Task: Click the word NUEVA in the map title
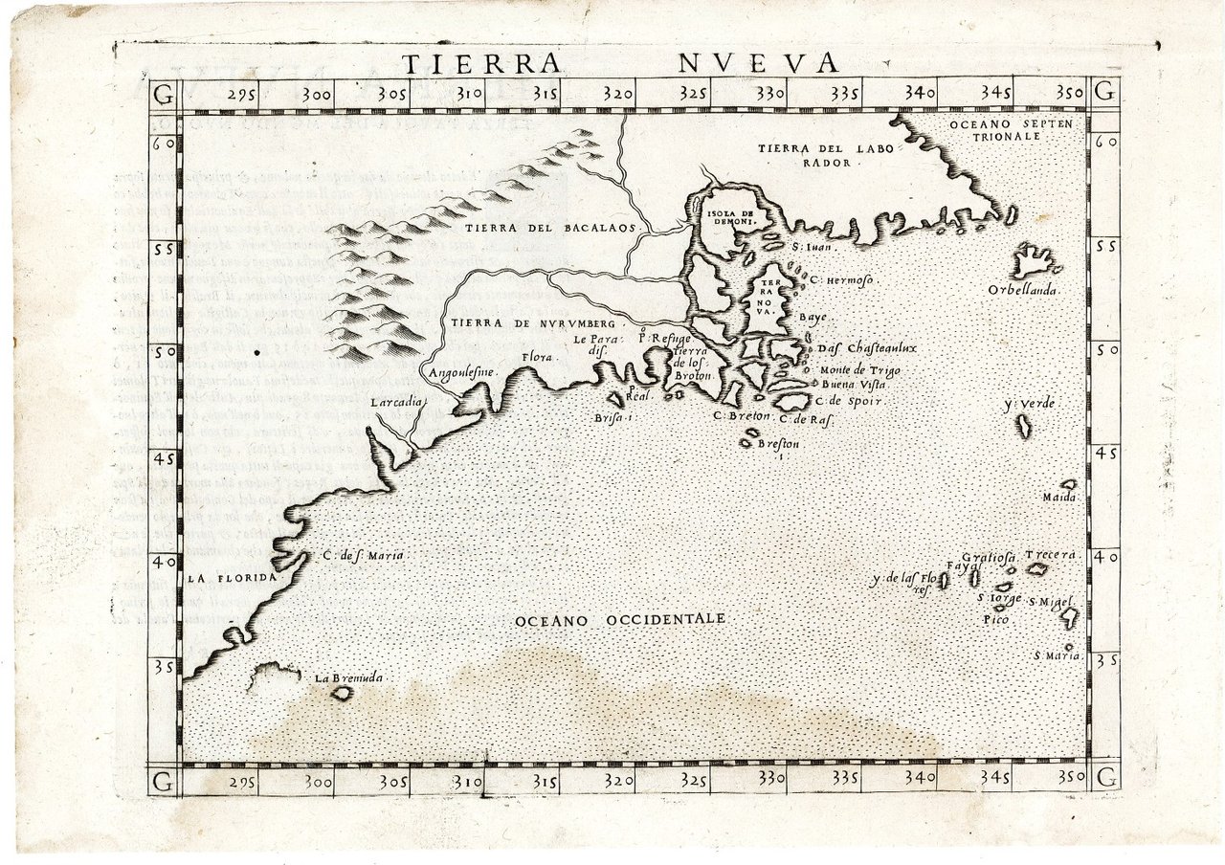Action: tap(759, 63)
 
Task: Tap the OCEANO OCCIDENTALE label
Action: tap(619, 620)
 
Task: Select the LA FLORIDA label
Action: tap(231, 578)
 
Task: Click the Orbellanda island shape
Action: tap(1032, 259)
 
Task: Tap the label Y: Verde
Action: tap(1029, 405)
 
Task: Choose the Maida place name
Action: tap(1060, 497)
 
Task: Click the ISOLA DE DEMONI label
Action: tap(730, 217)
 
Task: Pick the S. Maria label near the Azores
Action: tap(1058, 655)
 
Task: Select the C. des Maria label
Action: tap(363, 555)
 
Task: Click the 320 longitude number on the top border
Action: tap(619, 94)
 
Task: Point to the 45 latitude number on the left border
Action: tap(164, 458)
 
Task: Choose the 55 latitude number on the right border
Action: tap(1106, 244)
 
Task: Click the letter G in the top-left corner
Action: tap(164, 94)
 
